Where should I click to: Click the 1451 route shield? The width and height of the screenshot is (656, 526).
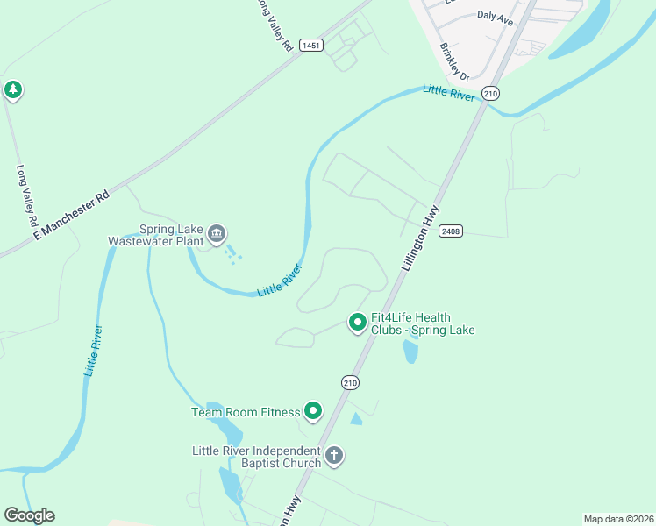[310, 45]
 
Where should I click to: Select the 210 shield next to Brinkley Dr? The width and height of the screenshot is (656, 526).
[490, 94]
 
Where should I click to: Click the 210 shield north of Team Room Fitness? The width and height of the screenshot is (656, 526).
[350, 382]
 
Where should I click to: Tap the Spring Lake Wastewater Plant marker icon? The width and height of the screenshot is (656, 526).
[217, 234]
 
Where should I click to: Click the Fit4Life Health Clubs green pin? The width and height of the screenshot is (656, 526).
[358, 323]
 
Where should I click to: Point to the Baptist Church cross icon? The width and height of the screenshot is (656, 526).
[333, 456]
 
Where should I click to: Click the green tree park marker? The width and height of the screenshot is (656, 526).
[12, 89]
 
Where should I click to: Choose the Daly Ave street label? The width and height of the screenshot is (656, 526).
[495, 15]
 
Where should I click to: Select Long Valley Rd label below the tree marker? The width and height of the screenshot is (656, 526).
[26, 192]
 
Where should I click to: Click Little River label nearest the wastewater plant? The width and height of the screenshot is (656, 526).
[280, 280]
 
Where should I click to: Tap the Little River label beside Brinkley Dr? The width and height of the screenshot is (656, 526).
[448, 92]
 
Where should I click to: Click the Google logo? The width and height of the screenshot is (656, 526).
[29, 515]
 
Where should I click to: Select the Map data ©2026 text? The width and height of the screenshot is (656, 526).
[617, 519]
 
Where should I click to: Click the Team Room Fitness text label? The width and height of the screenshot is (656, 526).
[246, 411]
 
